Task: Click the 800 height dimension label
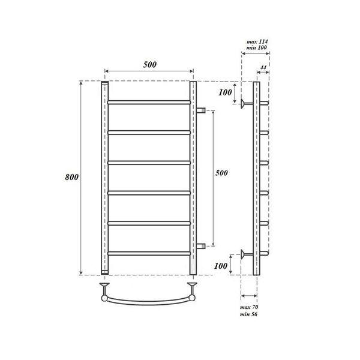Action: (72, 177)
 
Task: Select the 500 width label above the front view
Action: (149, 65)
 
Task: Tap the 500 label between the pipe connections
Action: (221, 173)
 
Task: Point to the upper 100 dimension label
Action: (225, 92)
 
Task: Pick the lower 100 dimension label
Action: (221, 266)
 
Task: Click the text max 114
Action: (257, 41)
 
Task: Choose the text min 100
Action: (256, 47)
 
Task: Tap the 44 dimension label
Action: (263, 67)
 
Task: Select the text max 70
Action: (249, 307)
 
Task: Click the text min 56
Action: (248, 314)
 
